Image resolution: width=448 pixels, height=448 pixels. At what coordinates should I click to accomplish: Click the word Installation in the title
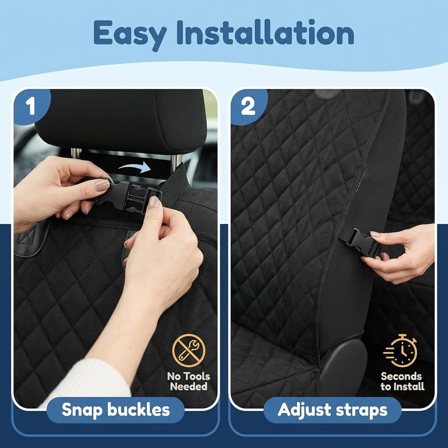click(266, 32)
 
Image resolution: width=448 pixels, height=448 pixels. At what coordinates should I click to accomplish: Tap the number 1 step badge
click(31, 107)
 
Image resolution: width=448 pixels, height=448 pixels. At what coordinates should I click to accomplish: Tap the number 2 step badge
click(248, 107)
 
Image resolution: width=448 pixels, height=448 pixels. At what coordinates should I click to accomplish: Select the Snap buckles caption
click(115, 410)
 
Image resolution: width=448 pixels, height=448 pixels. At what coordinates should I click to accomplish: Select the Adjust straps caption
click(332, 410)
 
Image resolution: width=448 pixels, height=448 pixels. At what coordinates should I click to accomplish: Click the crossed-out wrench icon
click(189, 350)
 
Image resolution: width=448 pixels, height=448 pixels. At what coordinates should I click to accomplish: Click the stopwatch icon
click(400, 350)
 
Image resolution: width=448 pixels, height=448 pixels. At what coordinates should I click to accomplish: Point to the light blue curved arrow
click(135, 167)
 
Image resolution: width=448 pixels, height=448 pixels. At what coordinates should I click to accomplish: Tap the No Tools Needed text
click(189, 381)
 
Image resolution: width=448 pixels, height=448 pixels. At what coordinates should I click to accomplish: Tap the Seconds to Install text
click(402, 381)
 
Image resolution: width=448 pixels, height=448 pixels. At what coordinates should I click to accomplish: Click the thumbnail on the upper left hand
click(102, 185)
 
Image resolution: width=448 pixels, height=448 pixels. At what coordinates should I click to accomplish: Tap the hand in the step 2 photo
click(400, 253)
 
